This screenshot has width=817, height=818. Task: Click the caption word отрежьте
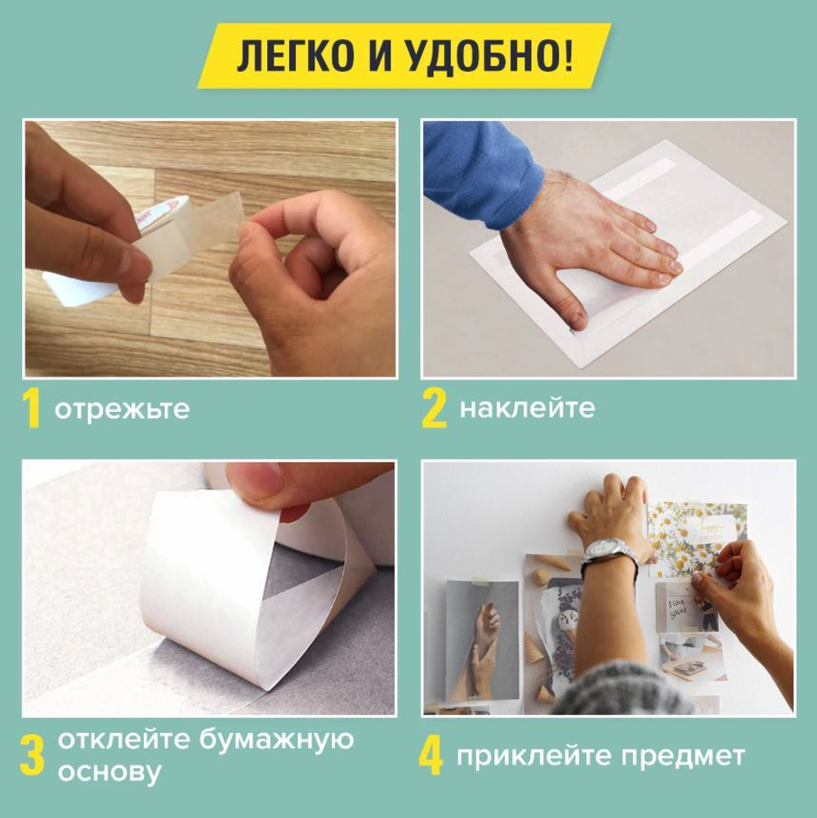(122, 409)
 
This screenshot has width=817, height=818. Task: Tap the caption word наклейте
(527, 408)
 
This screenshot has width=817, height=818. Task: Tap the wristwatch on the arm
(609, 555)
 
